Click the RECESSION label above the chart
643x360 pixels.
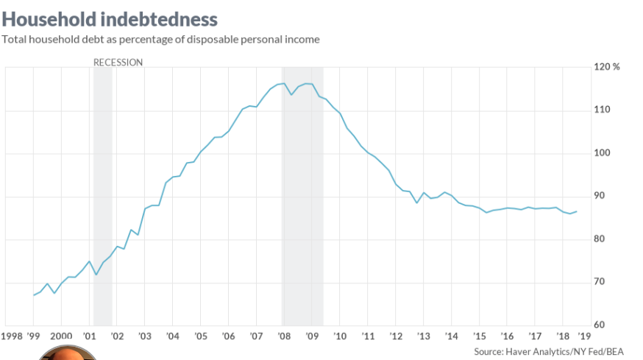click(x=118, y=63)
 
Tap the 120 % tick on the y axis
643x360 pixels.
click(x=606, y=67)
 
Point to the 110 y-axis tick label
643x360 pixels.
click(x=602, y=110)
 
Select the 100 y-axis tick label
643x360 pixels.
click(x=602, y=153)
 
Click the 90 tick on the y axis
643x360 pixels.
click(x=600, y=196)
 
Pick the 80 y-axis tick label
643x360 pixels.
click(x=600, y=239)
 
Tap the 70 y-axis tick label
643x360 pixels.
click(x=600, y=282)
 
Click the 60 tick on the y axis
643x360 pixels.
click(x=600, y=325)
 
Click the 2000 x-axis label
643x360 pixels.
click(x=61, y=336)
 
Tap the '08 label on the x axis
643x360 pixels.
click(x=283, y=336)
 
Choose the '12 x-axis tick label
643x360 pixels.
click(x=395, y=336)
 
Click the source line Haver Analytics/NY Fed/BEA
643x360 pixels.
click(x=556, y=351)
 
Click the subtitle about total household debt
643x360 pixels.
click(x=160, y=39)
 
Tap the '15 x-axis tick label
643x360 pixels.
click(x=478, y=336)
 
